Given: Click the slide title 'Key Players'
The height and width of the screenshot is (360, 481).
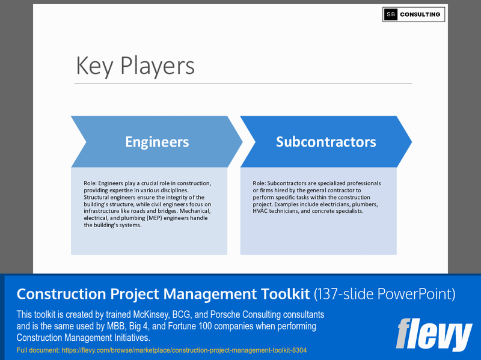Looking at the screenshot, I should [135, 66].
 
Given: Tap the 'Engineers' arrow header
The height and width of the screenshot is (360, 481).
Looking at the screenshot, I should [157, 142].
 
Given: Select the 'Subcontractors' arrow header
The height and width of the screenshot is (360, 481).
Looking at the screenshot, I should [326, 142].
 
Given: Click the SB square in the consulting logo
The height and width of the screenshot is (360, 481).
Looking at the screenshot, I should [391, 14].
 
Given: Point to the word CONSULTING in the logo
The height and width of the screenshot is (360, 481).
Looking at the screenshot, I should [421, 14].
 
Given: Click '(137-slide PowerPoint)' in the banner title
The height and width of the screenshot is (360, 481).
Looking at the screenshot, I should [385, 294].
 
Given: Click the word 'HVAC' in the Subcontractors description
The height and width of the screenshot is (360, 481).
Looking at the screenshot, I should [263, 211].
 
